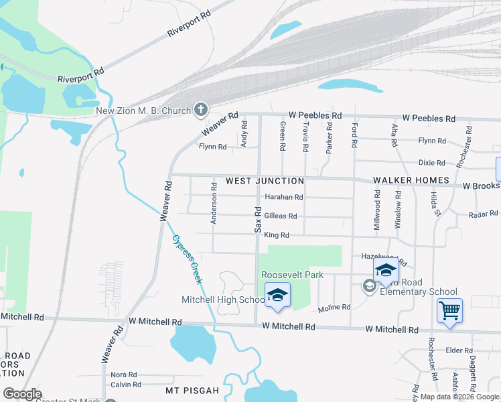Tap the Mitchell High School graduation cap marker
pos(277,295)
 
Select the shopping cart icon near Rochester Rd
pos(449,310)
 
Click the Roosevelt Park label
pos(292,275)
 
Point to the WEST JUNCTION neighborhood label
pos(265,181)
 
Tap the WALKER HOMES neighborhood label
pos(411,181)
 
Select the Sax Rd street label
pos(258,219)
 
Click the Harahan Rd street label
pos(284,197)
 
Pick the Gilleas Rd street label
pos(281,216)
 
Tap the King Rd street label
pos(276,235)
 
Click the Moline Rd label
pos(334,308)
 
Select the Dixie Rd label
pos(431,163)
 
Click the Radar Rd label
pos(483,214)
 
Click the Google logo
pos(22,394)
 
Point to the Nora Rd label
pos(124,375)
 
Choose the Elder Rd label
pos(459,350)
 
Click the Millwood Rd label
pos(378,210)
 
